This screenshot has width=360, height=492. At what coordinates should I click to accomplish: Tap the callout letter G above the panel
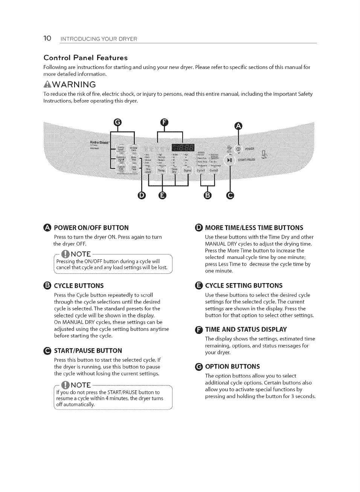pyautogui.click(x=118, y=122)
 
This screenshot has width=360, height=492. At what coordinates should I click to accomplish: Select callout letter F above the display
pyautogui.click(x=164, y=122)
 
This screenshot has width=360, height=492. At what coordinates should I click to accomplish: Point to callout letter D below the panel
pyautogui.click(x=142, y=195)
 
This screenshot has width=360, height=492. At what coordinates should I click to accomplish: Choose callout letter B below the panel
pyautogui.click(x=207, y=195)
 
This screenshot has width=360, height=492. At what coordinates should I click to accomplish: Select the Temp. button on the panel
pyautogui.click(x=162, y=171)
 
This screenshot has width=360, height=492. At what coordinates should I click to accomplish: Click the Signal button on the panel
pyautogui.click(x=187, y=171)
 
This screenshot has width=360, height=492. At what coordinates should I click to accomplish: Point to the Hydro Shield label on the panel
pyautogui.click(x=99, y=142)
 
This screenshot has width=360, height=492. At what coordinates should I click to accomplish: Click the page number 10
pyautogui.click(x=47, y=38)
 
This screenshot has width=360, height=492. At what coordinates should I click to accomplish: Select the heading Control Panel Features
pyautogui.click(x=85, y=58)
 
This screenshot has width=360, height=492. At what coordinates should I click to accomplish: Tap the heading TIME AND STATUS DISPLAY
pyautogui.click(x=246, y=329)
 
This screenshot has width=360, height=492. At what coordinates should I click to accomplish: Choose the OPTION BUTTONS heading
pyautogui.click(x=232, y=367)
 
